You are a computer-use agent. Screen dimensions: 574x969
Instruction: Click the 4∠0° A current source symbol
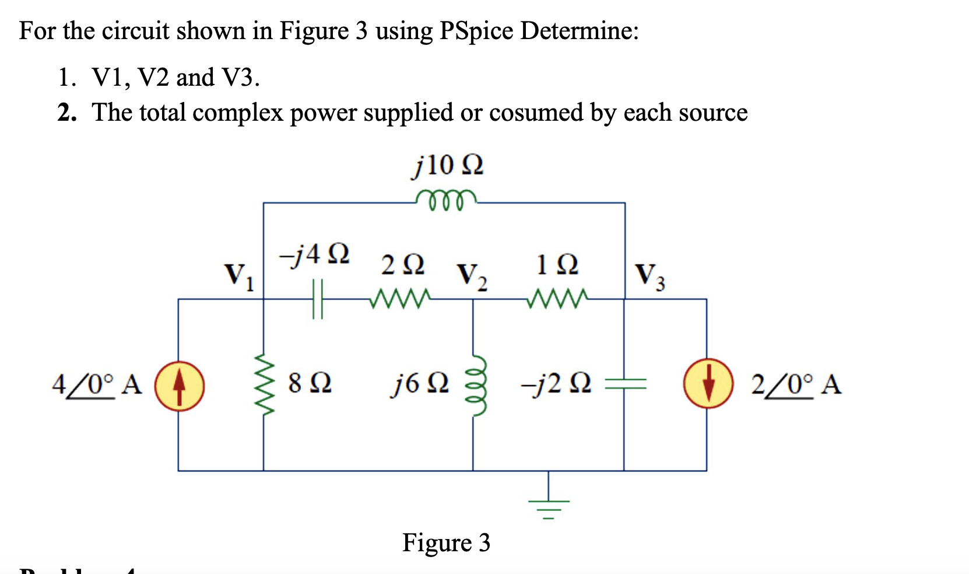[180, 386]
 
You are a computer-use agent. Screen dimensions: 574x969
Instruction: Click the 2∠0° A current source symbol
[708, 384]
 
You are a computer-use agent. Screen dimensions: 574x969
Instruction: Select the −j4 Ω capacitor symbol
[317, 299]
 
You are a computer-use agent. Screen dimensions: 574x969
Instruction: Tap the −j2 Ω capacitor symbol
[625, 383]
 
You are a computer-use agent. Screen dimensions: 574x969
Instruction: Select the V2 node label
[472, 276]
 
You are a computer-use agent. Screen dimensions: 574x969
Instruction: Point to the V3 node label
[649, 275]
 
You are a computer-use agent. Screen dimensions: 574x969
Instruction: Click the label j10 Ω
[447, 166]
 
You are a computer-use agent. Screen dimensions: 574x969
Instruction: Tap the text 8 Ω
[310, 383]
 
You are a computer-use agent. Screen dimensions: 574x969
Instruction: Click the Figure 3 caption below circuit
[446, 542]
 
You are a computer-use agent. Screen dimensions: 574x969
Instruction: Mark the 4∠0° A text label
[97, 385]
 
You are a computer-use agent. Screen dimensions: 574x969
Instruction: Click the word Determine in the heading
[579, 30]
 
